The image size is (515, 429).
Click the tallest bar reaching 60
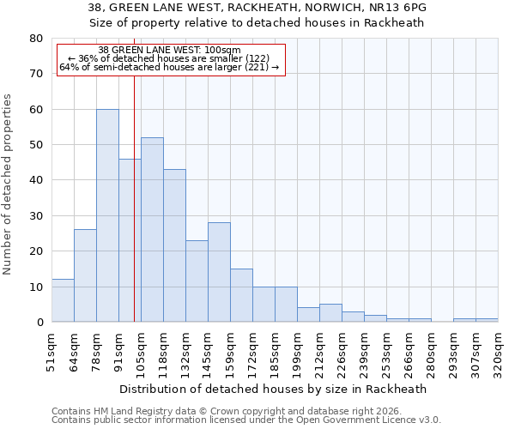[107, 215]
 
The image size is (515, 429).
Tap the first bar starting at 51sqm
[63, 300]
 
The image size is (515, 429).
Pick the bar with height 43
[174, 245]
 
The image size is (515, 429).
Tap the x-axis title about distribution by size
[272, 389]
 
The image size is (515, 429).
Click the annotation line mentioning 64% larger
[170, 68]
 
